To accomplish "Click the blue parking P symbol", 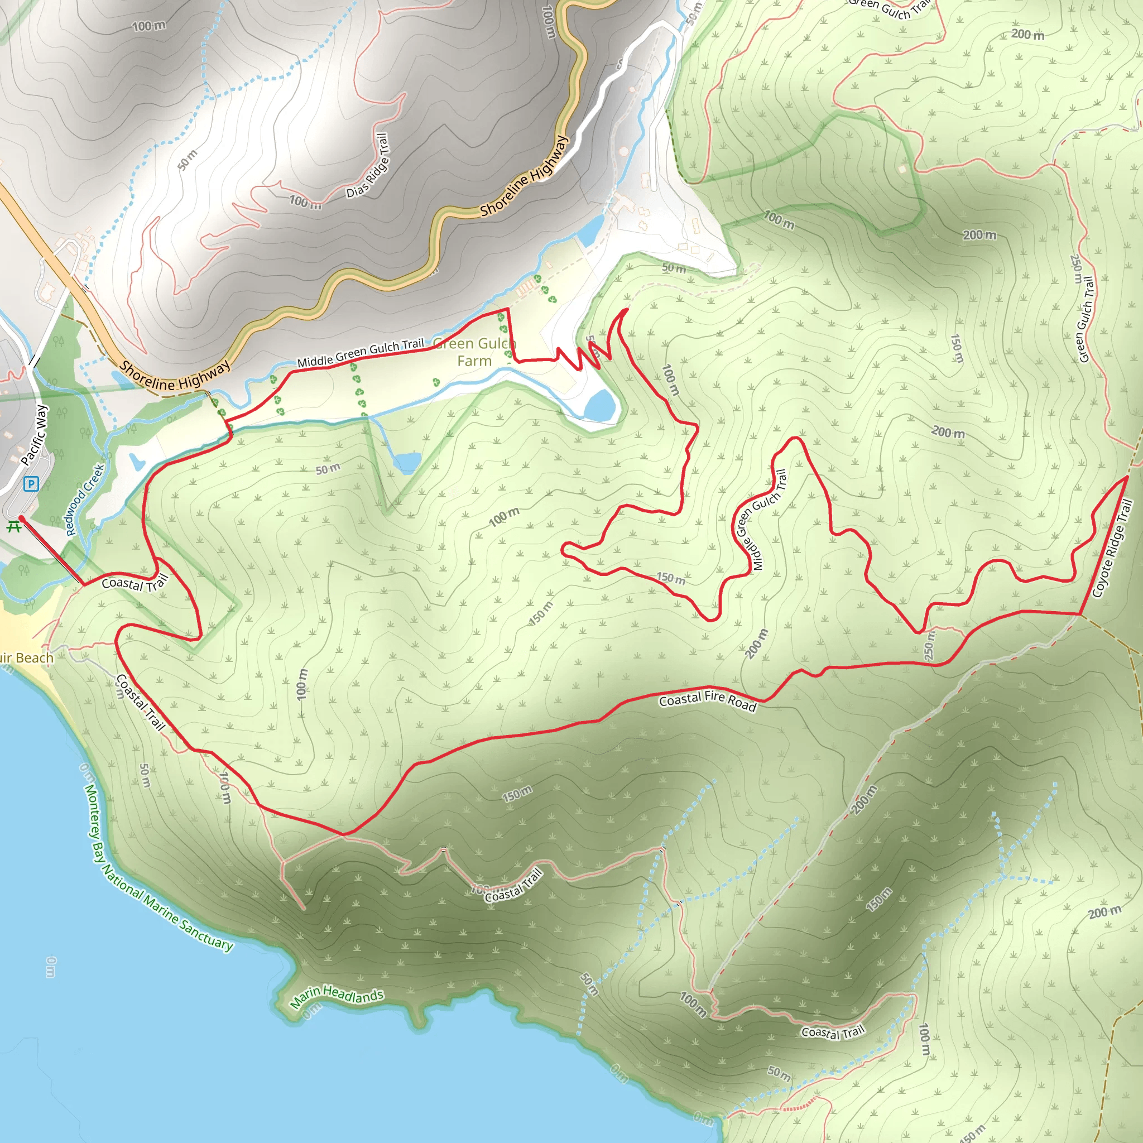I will [31, 484].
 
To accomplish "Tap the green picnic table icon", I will [13, 526].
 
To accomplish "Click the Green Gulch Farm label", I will [474, 352].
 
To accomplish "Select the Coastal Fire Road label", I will [708, 700].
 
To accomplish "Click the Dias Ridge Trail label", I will [368, 166].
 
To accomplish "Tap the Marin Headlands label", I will [337, 996].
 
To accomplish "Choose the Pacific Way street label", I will [33, 435].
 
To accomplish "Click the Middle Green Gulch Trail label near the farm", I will [361, 353].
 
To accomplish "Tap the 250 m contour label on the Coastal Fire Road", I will [929, 645].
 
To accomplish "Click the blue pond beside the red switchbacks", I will [601, 405].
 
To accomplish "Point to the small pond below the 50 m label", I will [407, 462].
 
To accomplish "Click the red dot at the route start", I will [21, 518].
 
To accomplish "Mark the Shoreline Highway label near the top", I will [524, 176].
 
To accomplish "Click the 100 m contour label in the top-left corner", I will [148, 26].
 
